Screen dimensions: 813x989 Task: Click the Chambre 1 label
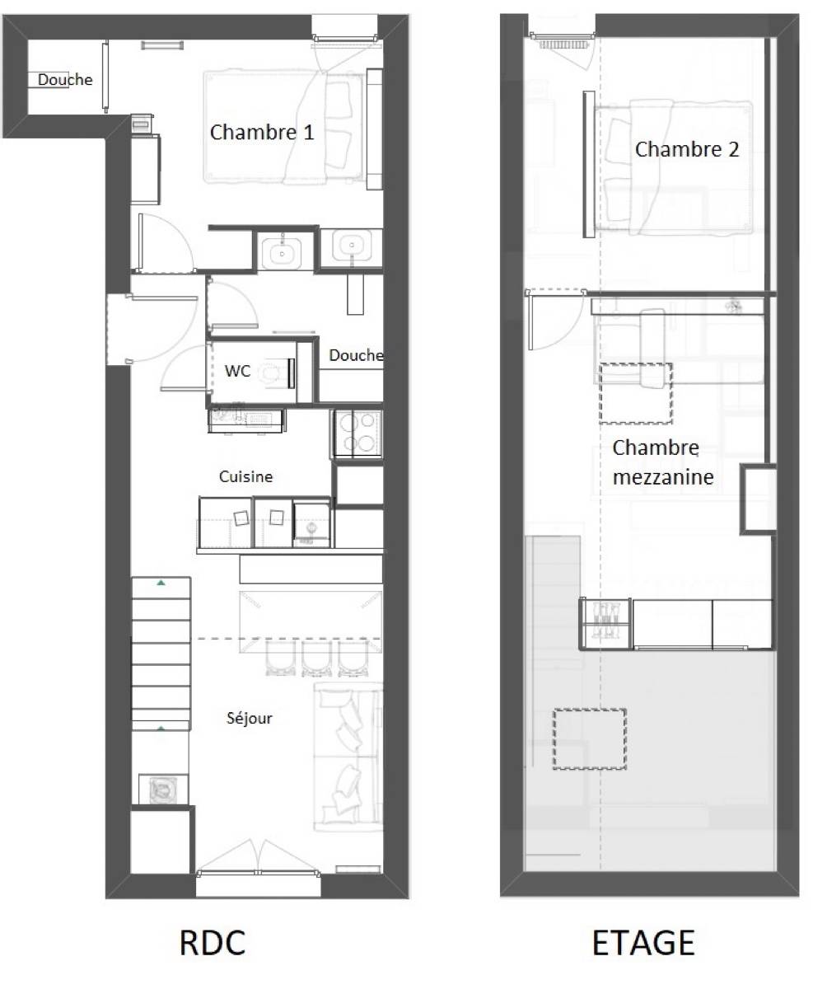coord(261,132)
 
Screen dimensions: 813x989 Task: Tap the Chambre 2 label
coord(686,150)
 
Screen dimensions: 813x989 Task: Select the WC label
coord(237,372)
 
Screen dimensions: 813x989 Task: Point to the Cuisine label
coord(245,477)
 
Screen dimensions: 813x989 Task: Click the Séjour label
coord(250,718)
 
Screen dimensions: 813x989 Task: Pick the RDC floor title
coord(213,943)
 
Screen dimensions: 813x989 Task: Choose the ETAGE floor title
coord(643,943)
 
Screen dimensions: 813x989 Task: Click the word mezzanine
coord(663,477)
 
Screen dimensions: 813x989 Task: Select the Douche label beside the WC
coord(356,355)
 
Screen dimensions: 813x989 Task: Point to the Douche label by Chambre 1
coord(65,80)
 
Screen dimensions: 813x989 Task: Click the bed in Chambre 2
coord(674,167)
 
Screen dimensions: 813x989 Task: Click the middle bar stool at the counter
coord(317,659)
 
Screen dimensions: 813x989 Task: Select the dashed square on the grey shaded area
coord(590,738)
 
